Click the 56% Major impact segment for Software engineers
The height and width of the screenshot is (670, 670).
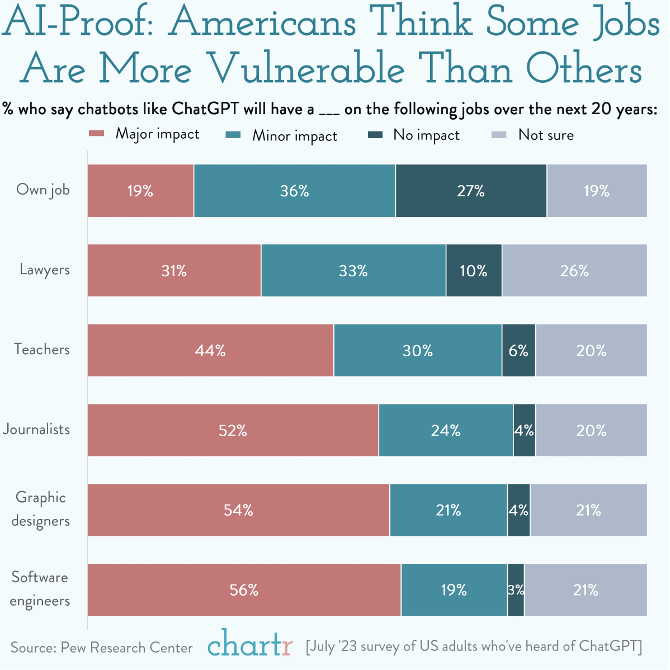point(244,590)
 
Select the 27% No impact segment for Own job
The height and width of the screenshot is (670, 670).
point(471,191)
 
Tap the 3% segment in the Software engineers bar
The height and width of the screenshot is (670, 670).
point(516,590)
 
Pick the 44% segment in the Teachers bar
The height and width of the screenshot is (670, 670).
point(211,351)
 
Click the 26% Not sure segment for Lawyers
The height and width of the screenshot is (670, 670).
point(574,271)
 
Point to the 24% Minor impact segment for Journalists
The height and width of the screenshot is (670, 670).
point(446,430)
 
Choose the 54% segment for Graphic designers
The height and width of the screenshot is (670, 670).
point(239,510)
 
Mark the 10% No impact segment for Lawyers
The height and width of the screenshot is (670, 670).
point(474,271)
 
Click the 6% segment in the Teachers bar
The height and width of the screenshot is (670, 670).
point(518,351)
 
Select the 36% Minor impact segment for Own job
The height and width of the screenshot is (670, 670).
point(295,191)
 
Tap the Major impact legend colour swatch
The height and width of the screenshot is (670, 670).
point(97,134)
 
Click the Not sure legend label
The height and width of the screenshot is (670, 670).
point(546,135)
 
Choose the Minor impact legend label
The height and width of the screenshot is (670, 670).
point(295,136)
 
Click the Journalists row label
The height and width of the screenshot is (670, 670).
point(36,430)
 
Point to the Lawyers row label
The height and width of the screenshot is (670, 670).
point(45,270)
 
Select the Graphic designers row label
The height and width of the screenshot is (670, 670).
point(41,509)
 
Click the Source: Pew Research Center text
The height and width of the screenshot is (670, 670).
point(101,648)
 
